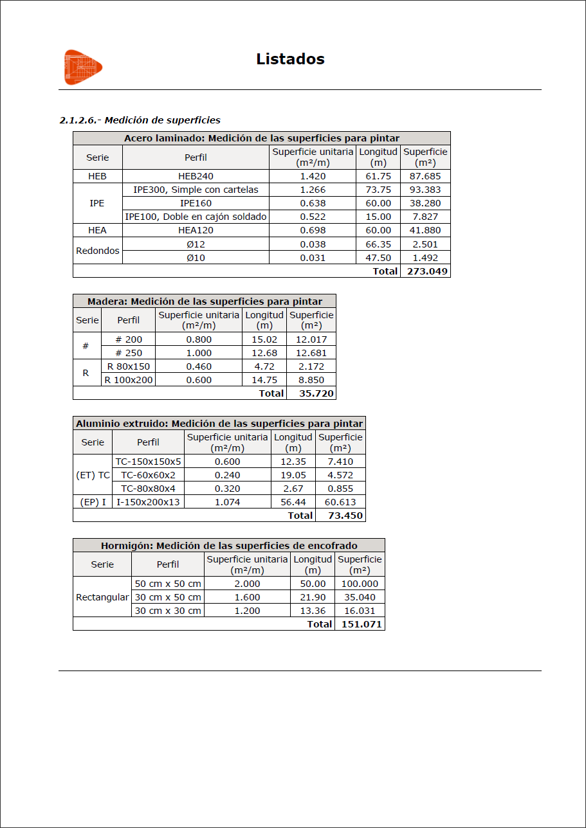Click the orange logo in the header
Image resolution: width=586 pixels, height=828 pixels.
point(83,66)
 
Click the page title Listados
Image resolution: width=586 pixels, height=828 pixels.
point(290,59)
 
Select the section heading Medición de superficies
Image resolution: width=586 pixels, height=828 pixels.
point(140,120)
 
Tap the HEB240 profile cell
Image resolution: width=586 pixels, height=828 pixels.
point(196,176)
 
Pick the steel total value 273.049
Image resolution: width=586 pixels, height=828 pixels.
point(425,271)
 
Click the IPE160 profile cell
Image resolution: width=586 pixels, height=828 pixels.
point(196,203)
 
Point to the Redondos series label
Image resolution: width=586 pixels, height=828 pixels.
point(98,251)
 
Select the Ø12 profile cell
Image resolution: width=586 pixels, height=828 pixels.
point(196,244)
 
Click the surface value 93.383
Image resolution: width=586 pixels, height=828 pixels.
point(425,190)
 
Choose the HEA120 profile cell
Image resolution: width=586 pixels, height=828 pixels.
point(196,230)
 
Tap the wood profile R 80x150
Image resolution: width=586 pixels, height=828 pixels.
point(129,366)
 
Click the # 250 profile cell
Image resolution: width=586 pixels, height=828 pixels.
point(129,353)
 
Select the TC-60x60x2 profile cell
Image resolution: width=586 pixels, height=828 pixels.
point(148,475)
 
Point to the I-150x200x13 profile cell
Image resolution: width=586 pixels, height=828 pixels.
point(148,502)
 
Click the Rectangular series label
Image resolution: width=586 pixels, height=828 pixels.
point(102,597)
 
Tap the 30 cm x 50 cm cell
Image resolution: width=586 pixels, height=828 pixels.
point(168,597)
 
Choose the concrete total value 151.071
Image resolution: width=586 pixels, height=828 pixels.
point(360,624)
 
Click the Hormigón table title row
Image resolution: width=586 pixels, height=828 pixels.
point(229,546)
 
